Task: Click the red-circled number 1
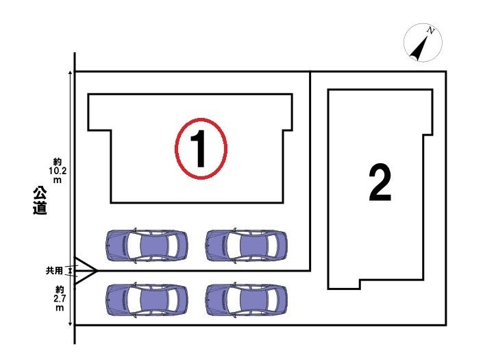pyautogui.click(x=201, y=149)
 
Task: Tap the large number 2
pyautogui.click(x=380, y=182)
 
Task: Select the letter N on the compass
pyautogui.click(x=431, y=30)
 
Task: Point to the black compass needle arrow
pyautogui.click(x=419, y=48)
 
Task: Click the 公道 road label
pyautogui.click(x=40, y=200)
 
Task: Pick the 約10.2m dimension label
pyautogui.click(x=58, y=171)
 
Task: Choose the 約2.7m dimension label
pyautogui.click(x=60, y=298)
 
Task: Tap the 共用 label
pyautogui.click(x=54, y=271)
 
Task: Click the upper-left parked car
pyautogui.click(x=147, y=245)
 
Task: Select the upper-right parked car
pyautogui.click(x=247, y=245)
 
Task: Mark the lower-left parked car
pyautogui.click(x=147, y=300)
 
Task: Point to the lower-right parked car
pyautogui.click(x=247, y=300)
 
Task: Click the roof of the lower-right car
pyautogui.click(x=253, y=300)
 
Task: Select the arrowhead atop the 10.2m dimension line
pyautogui.click(x=71, y=73)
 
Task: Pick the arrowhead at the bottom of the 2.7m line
pyautogui.click(x=71, y=324)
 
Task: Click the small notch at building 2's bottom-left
pyautogui.click(x=360, y=284)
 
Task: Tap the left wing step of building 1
pyautogui.click(x=99, y=130)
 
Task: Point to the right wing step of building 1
pyautogui.click(x=288, y=130)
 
